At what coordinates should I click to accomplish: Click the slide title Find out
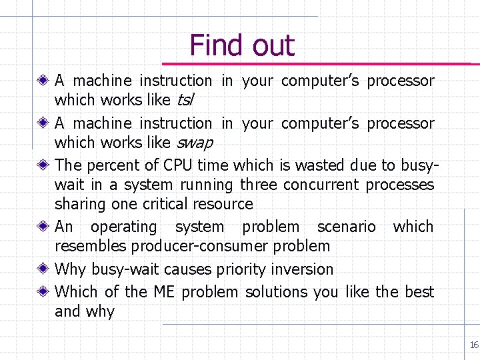coord(241,45)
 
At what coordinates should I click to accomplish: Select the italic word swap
coord(194,143)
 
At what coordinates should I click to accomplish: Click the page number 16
coord(474,345)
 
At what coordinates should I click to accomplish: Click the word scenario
coord(346,227)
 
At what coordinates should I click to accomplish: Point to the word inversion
coord(301,269)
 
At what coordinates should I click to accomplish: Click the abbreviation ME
coord(164,292)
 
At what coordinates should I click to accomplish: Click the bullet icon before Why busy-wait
coord(43,269)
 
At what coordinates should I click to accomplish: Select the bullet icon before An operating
coord(43,227)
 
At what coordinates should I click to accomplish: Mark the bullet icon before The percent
coord(43,165)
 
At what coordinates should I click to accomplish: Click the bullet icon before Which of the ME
coord(43,292)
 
